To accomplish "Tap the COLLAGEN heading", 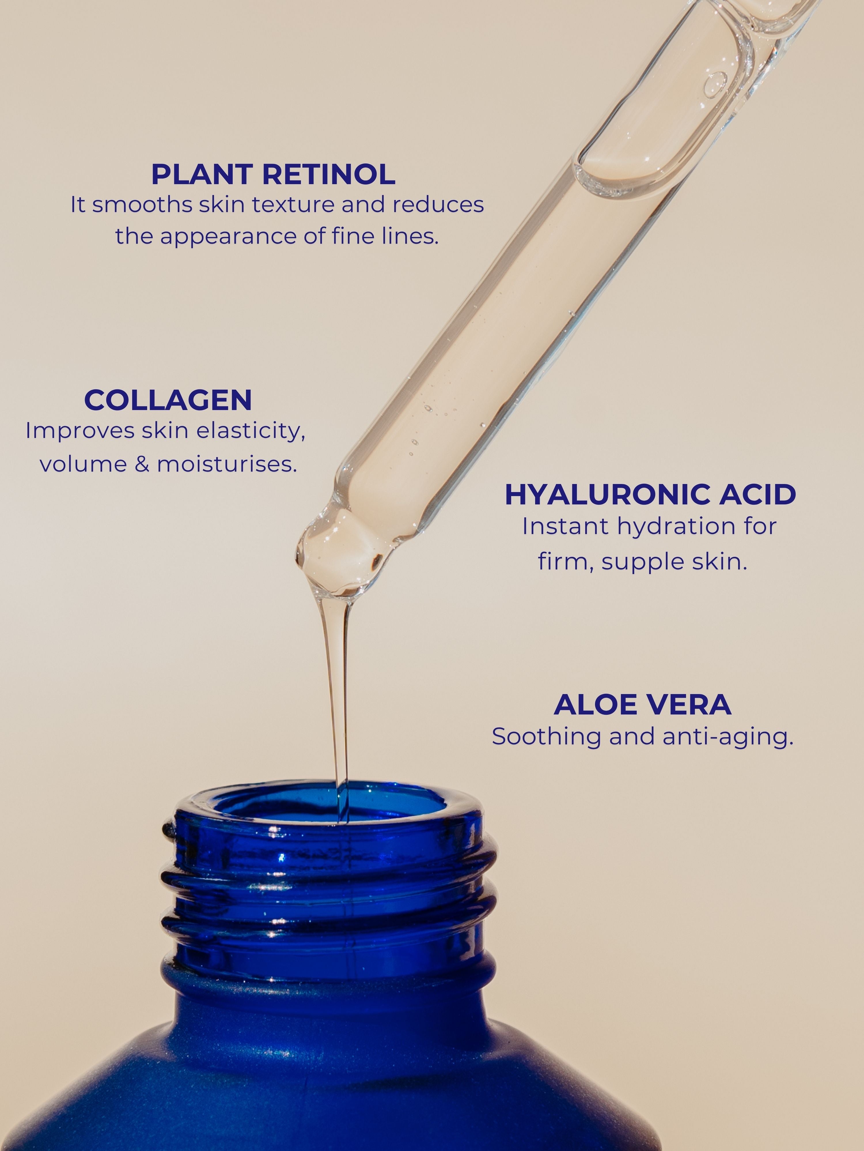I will click(168, 400).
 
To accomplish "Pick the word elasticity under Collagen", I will click(253, 431).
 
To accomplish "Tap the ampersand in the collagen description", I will click(142, 464).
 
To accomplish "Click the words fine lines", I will click(385, 236).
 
